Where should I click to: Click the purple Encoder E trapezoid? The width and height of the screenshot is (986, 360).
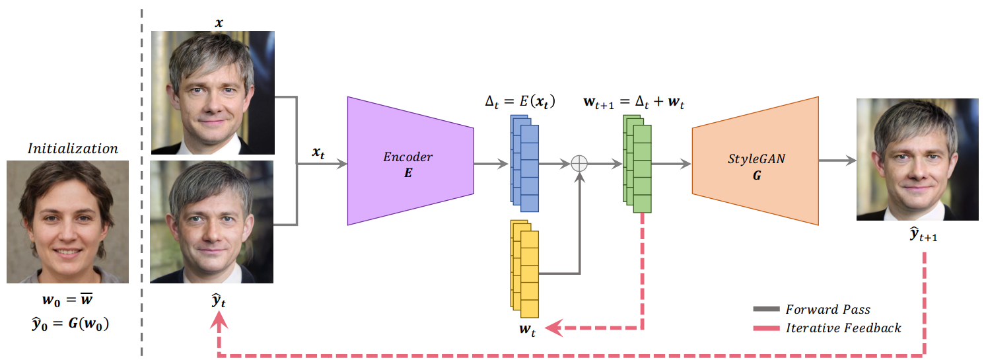pyautogui.click(x=410, y=161)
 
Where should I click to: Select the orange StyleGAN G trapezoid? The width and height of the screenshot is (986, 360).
pyautogui.click(x=756, y=161)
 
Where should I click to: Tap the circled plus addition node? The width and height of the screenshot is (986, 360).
pyautogui.click(x=579, y=164)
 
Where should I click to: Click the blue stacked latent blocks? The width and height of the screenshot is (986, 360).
pyautogui.click(x=524, y=163)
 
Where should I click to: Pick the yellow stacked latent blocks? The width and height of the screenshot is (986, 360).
pyautogui.click(x=524, y=269)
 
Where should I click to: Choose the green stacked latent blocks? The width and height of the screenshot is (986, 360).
pyautogui.click(x=637, y=164)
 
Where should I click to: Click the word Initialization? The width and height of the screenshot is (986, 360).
pyautogui.click(x=73, y=149)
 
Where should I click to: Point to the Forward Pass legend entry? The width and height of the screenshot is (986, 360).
pyautogui.click(x=812, y=309)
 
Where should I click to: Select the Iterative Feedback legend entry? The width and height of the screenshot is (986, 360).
pyautogui.click(x=827, y=328)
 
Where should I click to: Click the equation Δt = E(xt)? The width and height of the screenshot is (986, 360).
pyautogui.click(x=520, y=102)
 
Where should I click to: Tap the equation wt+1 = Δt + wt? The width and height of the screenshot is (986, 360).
pyautogui.click(x=634, y=102)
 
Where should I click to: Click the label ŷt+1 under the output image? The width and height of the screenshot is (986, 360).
pyautogui.click(x=923, y=234)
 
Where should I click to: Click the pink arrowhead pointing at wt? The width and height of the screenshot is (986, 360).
pyautogui.click(x=553, y=328)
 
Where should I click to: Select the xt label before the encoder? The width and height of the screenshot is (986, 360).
pyautogui.click(x=318, y=153)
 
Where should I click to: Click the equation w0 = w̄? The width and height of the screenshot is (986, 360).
pyautogui.click(x=67, y=299)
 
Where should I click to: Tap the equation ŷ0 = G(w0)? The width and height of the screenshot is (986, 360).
pyautogui.click(x=70, y=324)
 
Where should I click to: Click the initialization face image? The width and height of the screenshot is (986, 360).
pyautogui.click(x=68, y=221)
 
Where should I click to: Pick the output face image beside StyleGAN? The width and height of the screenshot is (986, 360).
pyautogui.click(x=917, y=159)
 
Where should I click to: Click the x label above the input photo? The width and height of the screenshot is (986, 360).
pyautogui.click(x=219, y=23)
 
